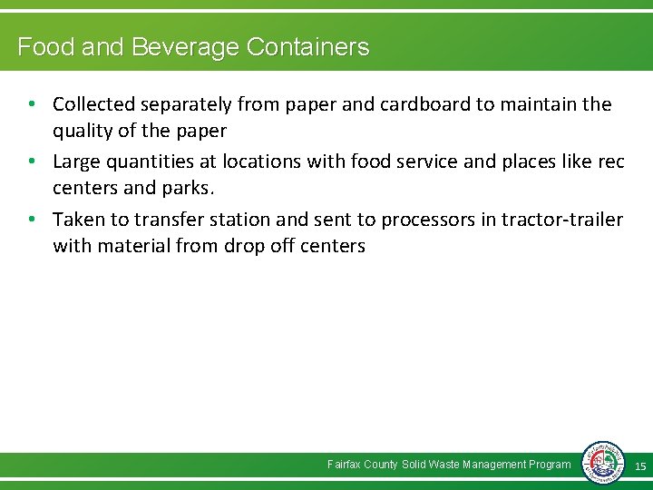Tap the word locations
pos(258,162)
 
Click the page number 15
pos(639,466)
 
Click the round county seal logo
pos(603,463)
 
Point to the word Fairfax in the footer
pos(344,465)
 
